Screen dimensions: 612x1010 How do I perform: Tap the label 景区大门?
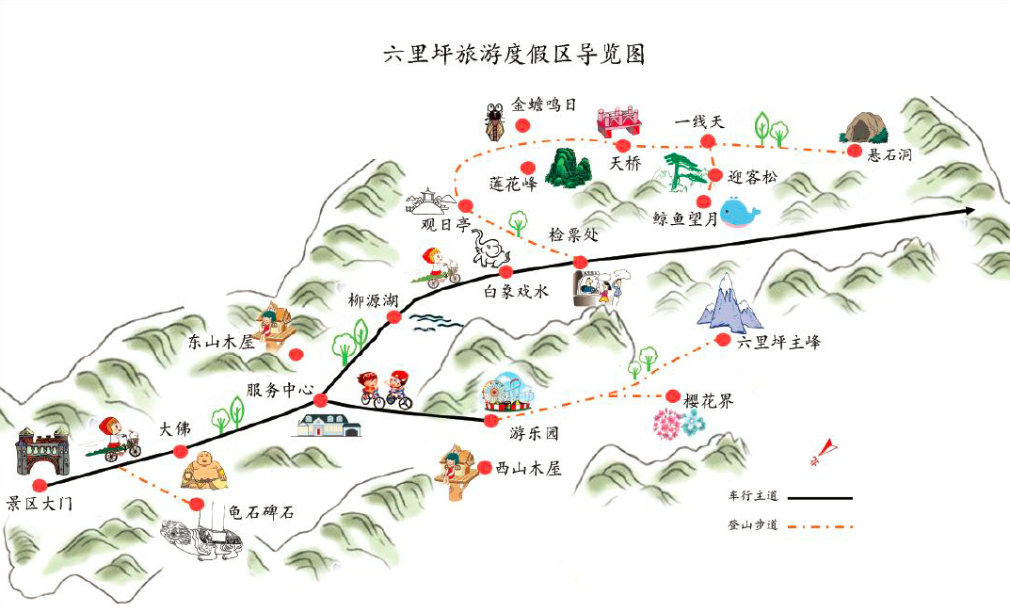tap(39, 505)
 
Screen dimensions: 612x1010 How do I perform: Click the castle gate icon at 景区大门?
tap(43, 452)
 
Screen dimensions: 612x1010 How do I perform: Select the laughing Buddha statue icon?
tap(203, 469)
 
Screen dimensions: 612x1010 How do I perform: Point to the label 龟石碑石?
tap(262, 513)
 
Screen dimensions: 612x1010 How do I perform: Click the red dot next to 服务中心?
tap(320, 400)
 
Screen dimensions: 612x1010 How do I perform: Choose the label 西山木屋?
tap(528, 467)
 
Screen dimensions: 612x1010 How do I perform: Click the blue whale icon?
tap(740, 212)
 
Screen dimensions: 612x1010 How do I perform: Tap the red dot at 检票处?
tap(580, 262)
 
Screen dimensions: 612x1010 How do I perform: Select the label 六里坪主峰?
tap(778, 343)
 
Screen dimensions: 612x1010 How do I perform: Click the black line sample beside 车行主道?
tap(819, 497)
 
